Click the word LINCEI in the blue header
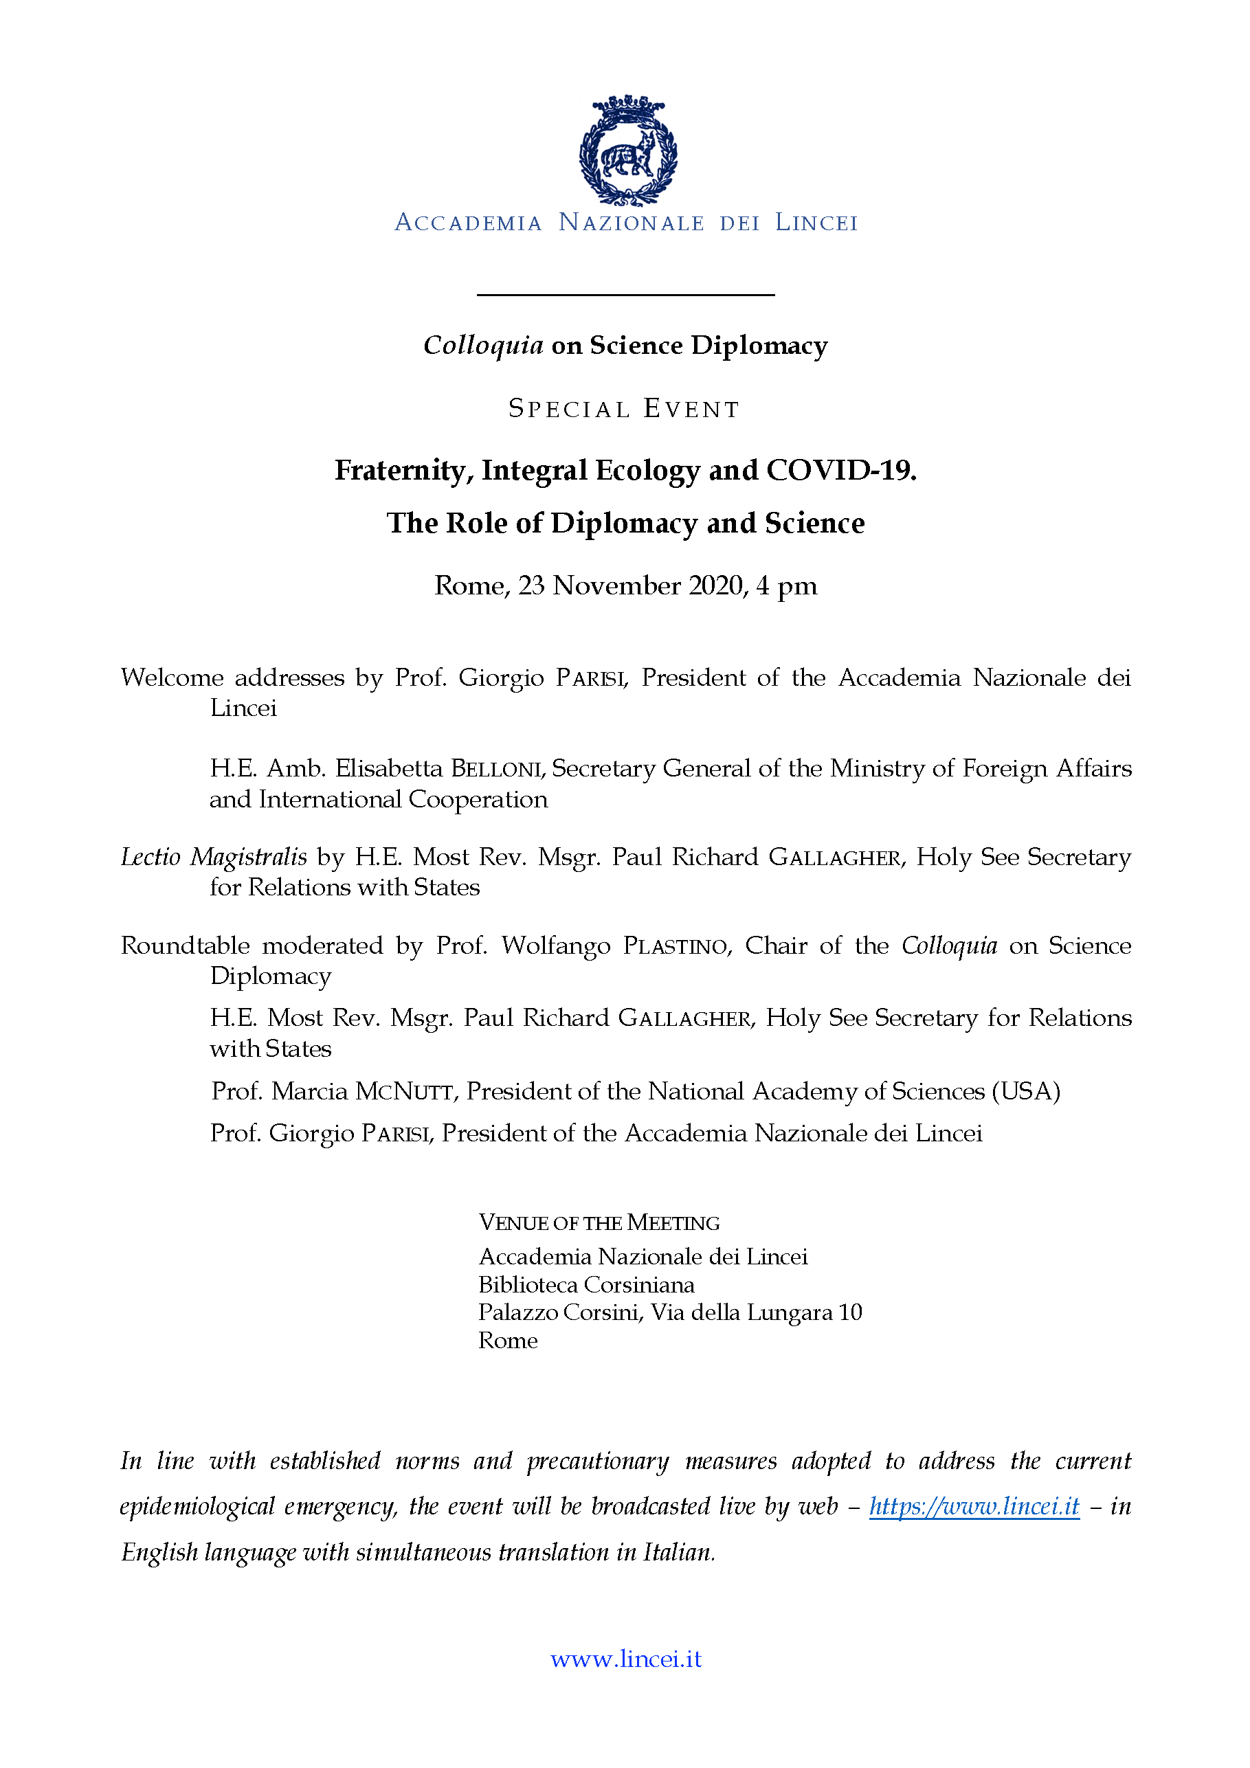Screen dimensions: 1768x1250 tap(816, 223)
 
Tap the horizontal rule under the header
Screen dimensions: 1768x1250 tap(625, 295)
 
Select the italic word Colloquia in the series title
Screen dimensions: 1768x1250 tap(484, 346)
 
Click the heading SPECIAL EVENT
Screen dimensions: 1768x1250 tap(625, 409)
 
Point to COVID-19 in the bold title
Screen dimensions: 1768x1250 tap(840, 471)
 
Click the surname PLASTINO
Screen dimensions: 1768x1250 tap(676, 945)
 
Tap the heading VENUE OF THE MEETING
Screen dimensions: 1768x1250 tap(599, 1223)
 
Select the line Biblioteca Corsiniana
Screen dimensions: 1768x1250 tap(586, 1285)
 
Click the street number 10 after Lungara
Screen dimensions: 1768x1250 tap(850, 1313)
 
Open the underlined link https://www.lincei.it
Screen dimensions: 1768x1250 tap(974, 1506)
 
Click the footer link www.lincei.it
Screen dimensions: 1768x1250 tap(625, 1659)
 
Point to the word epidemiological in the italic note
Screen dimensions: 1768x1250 tap(197, 1506)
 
